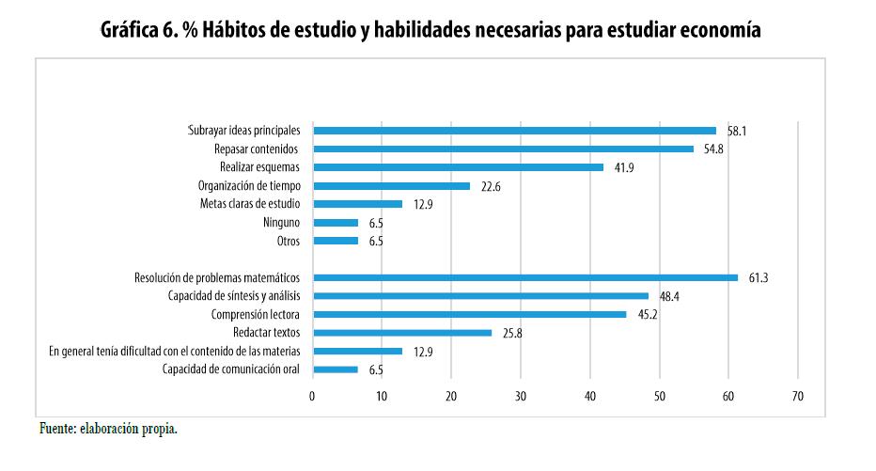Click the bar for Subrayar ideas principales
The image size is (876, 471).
click(514, 131)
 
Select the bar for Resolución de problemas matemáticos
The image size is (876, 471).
click(525, 277)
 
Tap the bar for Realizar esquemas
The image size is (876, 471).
click(458, 167)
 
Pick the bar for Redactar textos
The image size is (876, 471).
click(402, 333)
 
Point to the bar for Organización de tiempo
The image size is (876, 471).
click(391, 186)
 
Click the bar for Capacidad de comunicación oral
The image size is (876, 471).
click(336, 369)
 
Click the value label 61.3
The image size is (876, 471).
click(759, 278)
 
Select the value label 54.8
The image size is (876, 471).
click(713, 149)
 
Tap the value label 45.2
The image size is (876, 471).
click(647, 315)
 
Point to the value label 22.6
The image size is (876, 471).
click(491, 187)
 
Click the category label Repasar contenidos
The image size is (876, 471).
click(257, 149)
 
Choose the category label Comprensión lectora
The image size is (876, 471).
click(255, 315)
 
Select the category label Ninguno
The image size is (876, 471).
click(281, 223)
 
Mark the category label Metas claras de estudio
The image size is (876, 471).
click(250, 204)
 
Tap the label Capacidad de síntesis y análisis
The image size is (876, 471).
click(234, 296)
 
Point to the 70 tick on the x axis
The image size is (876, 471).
click(798, 397)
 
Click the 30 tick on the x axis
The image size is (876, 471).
click(521, 397)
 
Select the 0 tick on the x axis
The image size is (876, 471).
click(313, 397)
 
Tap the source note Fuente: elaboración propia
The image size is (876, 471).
click(108, 429)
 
